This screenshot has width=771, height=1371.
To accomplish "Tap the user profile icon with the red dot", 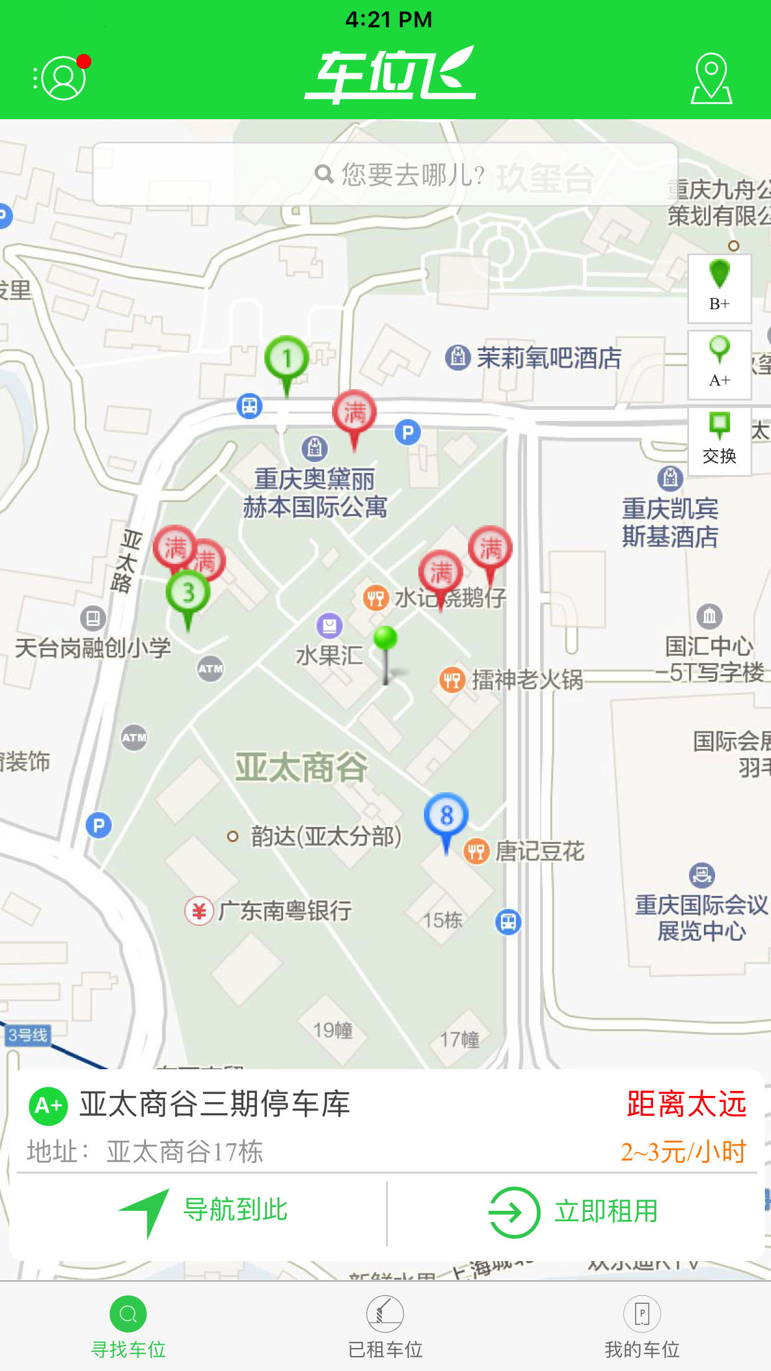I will tap(62, 78).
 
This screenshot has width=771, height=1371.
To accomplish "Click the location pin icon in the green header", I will tap(711, 78).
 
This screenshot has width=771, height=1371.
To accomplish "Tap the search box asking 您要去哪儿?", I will tap(385, 174).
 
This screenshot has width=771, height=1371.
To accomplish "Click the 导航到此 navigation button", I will tap(205, 1211).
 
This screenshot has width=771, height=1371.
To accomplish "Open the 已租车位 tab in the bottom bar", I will tap(385, 1326).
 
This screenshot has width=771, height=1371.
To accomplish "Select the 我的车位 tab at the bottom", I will tap(642, 1326).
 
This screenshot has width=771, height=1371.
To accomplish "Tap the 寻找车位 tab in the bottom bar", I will tap(128, 1326).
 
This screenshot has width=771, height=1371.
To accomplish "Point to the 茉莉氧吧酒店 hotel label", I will tap(548, 358).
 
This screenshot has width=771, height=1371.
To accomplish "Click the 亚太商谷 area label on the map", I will tap(301, 767).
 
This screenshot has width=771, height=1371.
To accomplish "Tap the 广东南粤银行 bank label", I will tap(284, 911).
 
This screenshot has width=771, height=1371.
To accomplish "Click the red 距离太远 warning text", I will tap(686, 1104).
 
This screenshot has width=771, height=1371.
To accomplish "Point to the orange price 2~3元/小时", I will tap(683, 1152).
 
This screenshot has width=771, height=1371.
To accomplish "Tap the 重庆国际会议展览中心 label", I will tap(701, 917).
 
